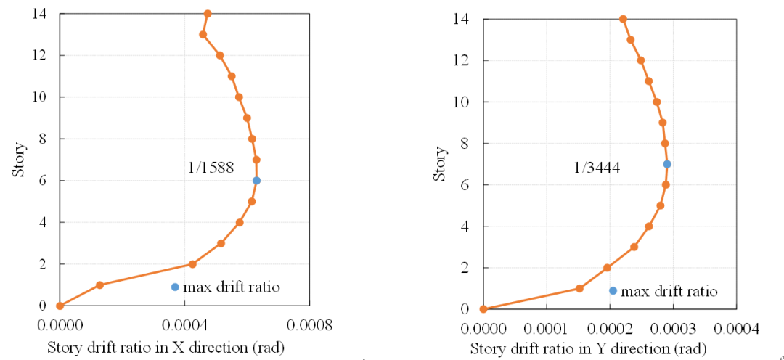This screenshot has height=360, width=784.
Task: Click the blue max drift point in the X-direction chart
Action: pos(256,181)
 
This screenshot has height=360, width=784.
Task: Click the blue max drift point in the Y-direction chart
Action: pos(667,164)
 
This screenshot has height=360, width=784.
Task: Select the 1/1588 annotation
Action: pos(211,168)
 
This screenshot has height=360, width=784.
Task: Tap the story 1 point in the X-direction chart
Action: pos(99,285)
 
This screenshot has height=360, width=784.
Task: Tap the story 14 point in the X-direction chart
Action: pos(208,14)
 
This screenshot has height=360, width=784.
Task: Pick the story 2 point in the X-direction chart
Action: pos(192,264)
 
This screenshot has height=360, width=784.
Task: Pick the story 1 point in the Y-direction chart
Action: pos(579,288)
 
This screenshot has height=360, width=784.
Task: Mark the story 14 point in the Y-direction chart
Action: pos(623,19)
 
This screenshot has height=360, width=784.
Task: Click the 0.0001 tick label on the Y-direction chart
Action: pos(545,329)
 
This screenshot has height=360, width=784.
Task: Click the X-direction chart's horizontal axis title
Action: pos(166,348)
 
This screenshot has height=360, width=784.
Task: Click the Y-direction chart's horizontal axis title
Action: pos(589,349)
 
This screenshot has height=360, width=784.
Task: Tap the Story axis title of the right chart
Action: pos(440,164)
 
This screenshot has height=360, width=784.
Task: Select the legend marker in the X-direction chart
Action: pos(175,287)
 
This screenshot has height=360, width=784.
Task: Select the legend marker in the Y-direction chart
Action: pos(613,291)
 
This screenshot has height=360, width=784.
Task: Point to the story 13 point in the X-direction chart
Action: pos(203,34)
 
